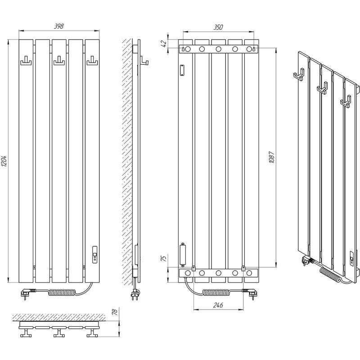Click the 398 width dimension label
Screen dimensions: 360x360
(59, 27)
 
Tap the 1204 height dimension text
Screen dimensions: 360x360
(4, 161)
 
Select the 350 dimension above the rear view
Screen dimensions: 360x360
(218, 27)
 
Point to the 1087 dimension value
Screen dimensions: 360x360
(272, 157)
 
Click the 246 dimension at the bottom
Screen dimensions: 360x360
(218, 305)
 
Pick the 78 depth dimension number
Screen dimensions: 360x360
(115, 312)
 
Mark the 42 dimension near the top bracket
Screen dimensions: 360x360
(164, 44)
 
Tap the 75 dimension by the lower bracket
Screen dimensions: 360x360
(164, 258)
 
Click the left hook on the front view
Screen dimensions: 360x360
(26, 61)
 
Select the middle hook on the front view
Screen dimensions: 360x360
(59, 61)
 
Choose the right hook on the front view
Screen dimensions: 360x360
(92, 61)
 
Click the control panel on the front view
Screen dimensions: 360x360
(95, 254)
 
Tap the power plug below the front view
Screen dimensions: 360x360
(27, 293)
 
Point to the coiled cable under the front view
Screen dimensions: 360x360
(63, 292)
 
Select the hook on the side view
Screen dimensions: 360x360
(144, 61)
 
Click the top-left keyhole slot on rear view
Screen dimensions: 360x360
(183, 49)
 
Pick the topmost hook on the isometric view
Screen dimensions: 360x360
(299, 75)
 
